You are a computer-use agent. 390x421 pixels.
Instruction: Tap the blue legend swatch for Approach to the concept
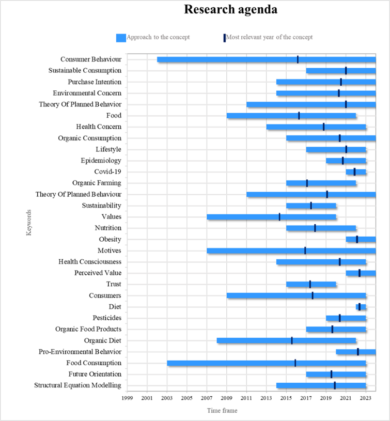click(x=121, y=38)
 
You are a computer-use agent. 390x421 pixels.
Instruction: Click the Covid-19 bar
click(x=356, y=171)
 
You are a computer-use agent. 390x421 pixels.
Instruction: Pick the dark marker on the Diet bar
click(x=360, y=307)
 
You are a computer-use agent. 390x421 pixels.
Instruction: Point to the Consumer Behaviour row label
click(x=91, y=59)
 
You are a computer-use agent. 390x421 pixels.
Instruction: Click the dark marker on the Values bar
click(x=279, y=217)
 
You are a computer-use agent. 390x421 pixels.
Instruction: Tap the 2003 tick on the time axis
click(x=167, y=398)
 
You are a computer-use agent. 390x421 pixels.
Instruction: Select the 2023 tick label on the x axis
click(x=366, y=398)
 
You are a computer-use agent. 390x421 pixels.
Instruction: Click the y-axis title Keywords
click(x=29, y=223)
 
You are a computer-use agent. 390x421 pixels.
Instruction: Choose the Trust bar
click(x=311, y=284)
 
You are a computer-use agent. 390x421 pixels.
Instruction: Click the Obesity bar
click(x=361, y=239)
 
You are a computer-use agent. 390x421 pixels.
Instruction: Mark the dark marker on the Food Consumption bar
click(x=295, y=363)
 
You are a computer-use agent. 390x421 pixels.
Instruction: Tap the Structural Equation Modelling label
click(x=78, y=385)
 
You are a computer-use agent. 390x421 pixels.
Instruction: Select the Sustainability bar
click(x=311, y=206)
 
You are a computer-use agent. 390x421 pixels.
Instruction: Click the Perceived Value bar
click(x=361, y=273)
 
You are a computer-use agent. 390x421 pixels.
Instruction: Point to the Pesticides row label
click(x=107, y=318)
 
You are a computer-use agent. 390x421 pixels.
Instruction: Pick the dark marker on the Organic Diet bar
click(x=292, y=340)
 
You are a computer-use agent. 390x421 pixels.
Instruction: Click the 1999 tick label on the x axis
click(x=127, y=398)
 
